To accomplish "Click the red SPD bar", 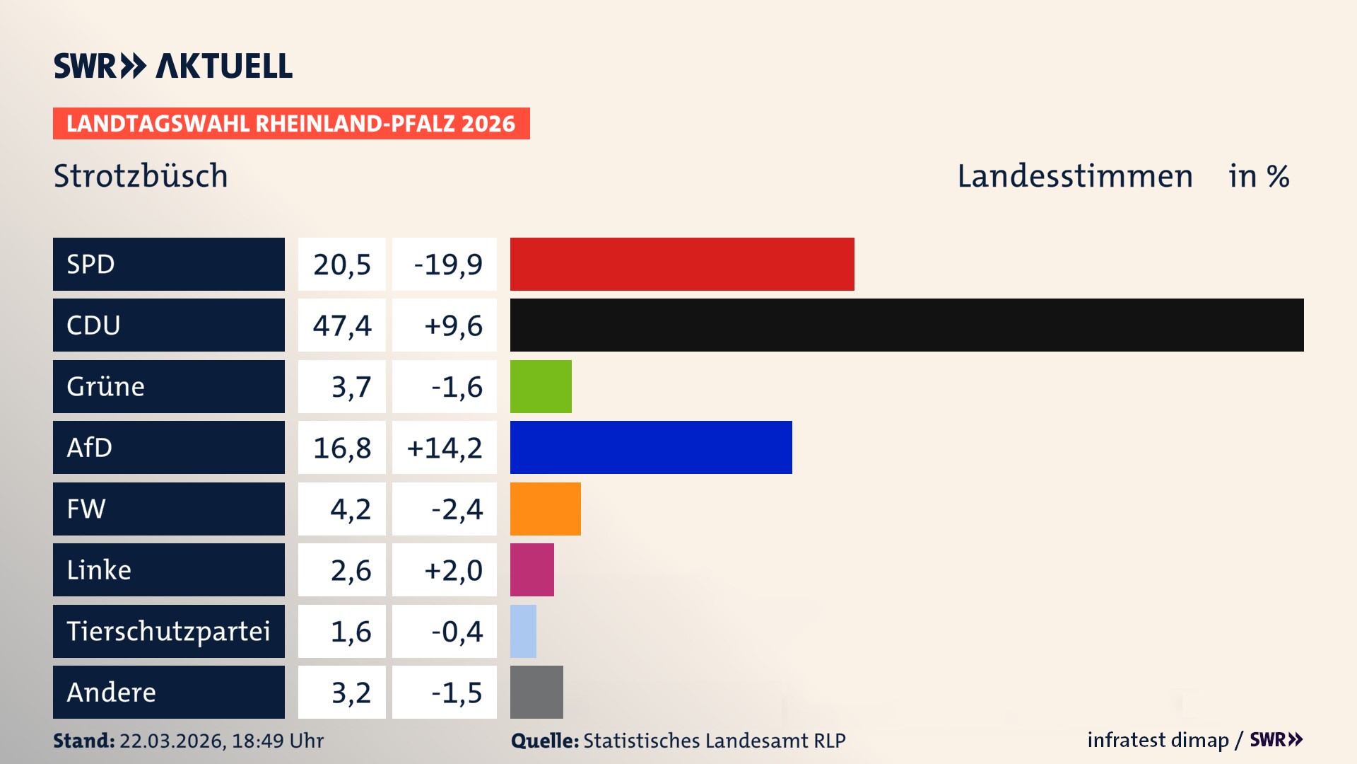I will pyautogui.click(x=682, y=264).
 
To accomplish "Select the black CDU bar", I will pyautogui.click(x=907, y=325).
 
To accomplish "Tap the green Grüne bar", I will pyautogui.click(x=541, y=386).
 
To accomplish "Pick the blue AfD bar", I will pyautogui.click(x=651, y=447).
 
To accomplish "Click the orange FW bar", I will pyautogui.click(x=545, y=509).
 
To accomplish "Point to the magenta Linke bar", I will pyautogui.click(x=531, y=569).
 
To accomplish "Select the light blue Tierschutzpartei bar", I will pyautogui.click(x=523, y=631).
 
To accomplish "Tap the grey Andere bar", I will pyautogui.click(x=536, y=692).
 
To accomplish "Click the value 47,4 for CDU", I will pyautogui.click(x=342, y=325).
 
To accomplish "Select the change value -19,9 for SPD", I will pyautogui.click(x=447, y=265).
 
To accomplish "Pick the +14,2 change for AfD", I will pyautogui.click(x=445, y=448).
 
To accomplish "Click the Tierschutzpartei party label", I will pyautogui.click(x=168, y=631).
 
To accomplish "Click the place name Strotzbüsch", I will pyautogui.click(x=141, y=176).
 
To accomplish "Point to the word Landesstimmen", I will pyautogui.click(x=1074, y=176).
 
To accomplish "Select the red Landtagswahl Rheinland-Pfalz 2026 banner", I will pyautogui.click(x=291, y=124).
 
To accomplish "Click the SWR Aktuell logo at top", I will pyautogui.click(x=173, y=66).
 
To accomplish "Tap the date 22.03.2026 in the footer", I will pyautogui.click(x=172, y=741).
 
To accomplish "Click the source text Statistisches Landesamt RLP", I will pyautogui.click(x=714, y=741).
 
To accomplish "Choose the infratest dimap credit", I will pyautogui.click(x=1157, y=740).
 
